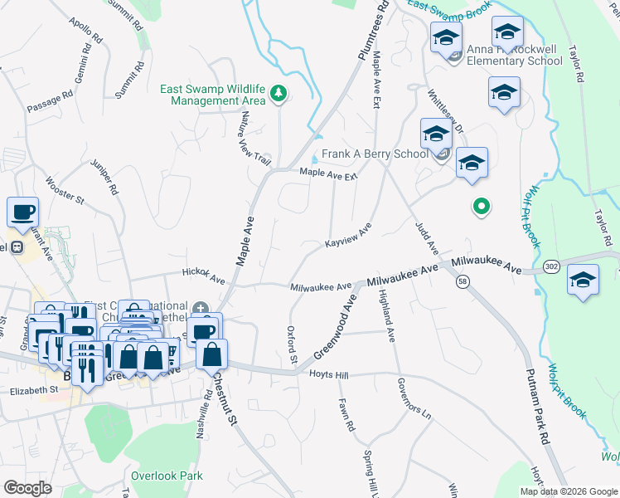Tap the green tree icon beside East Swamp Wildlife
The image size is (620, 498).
tap(279, 95)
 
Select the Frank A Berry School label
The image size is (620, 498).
tap(375, 154)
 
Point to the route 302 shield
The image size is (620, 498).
tap(550, 266)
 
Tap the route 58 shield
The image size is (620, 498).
tap(461, 282)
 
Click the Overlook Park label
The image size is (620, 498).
tap(167, 476)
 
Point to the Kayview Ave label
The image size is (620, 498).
tap(347, 237)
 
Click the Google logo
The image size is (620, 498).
tap(28, 487)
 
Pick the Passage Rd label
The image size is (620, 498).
tap(50, 102)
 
